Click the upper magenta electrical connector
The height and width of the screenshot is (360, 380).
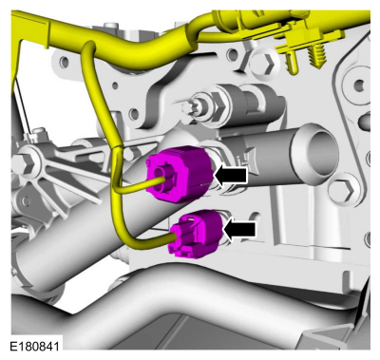click(x=179, y=174)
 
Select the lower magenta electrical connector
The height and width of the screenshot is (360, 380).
click(x=196, y=235)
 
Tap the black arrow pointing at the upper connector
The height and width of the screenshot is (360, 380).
click(x=231, y=175)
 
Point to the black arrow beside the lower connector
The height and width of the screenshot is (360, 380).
click(x=239, y=229)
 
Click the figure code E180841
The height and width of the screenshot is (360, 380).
click(x=34, y=346)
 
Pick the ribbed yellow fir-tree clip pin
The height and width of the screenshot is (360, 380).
click(x=316, y=57)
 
